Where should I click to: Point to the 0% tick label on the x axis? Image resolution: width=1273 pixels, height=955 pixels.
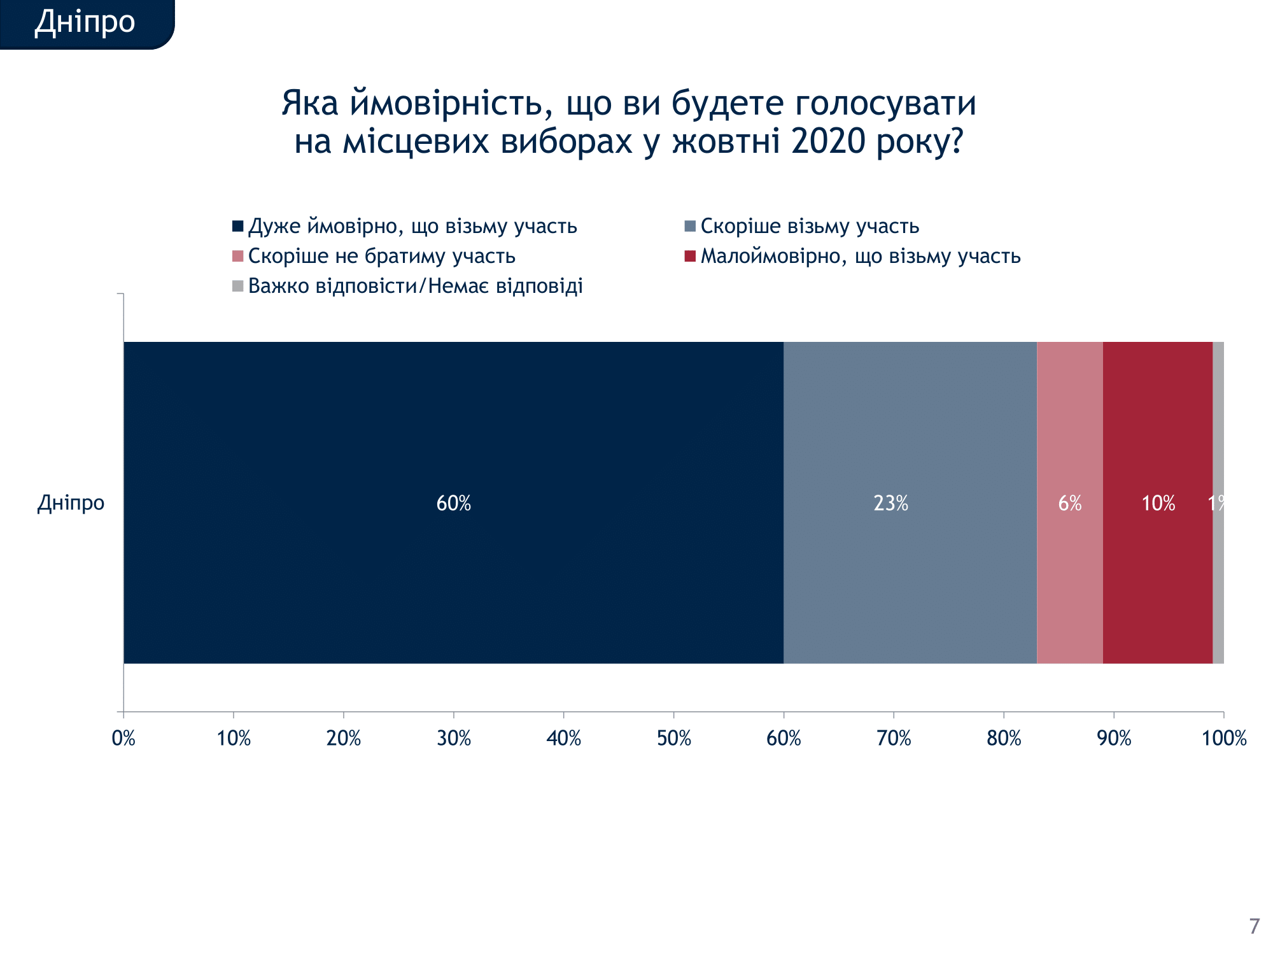click(x=123, y=739)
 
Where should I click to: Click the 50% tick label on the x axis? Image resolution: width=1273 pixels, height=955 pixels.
click(x=673, y=739)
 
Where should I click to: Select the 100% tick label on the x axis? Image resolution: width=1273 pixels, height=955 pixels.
click(x=1223, y=739)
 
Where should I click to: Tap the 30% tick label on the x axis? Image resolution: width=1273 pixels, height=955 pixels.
click(x=454, y=739)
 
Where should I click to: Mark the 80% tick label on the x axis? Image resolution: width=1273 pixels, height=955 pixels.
click(x=1004, y=739)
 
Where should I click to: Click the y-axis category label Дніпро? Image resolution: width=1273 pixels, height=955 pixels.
click(x=71, y=503)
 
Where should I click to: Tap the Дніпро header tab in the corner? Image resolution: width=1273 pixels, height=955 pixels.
click(x=85, y=22)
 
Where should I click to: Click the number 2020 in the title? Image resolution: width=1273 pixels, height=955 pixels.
click(x=829, y=141)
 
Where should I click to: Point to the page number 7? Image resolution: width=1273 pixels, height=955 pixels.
click(x=1254, y=926)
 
